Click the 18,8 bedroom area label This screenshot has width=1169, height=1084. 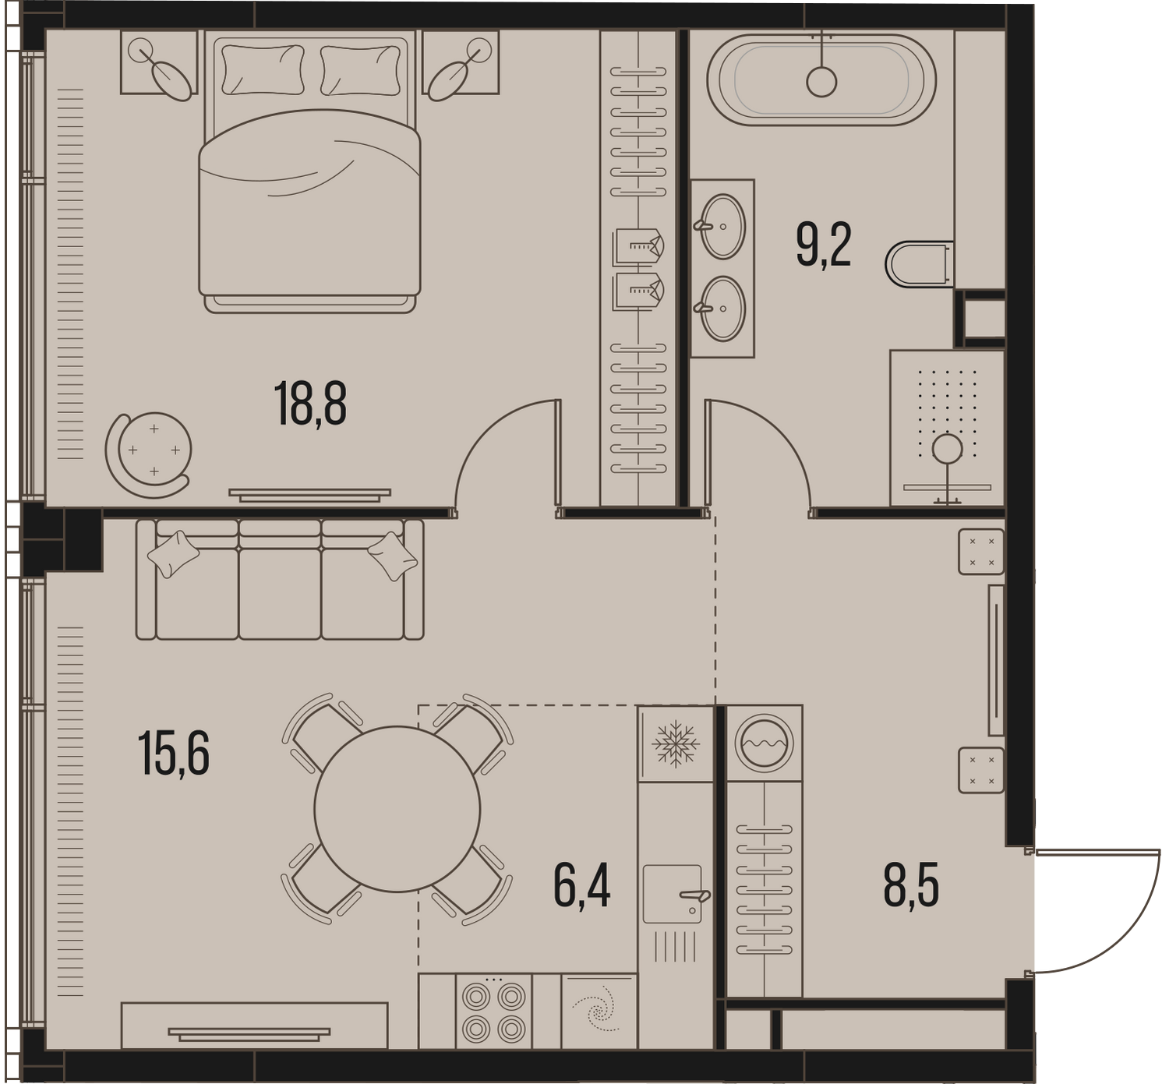[310, 403]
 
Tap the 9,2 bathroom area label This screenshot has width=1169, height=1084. [824, 246]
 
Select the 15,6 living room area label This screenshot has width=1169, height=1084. [173, 754]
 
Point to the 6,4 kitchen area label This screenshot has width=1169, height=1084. [581, 888]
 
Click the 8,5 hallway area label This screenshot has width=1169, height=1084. [911, 885]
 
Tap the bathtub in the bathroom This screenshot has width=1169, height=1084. [821, 80]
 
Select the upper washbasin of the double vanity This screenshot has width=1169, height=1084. [723, 227]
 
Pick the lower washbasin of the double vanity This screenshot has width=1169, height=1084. [723, 309]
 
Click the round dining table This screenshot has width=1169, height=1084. [397, 809]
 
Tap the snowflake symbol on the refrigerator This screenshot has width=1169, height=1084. [675, 743]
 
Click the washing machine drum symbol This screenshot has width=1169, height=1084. [764, 743]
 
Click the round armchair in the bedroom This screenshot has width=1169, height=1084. [150, 454]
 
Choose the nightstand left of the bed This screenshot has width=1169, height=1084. [159, 62]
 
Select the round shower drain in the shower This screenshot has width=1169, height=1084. [947, 449]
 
